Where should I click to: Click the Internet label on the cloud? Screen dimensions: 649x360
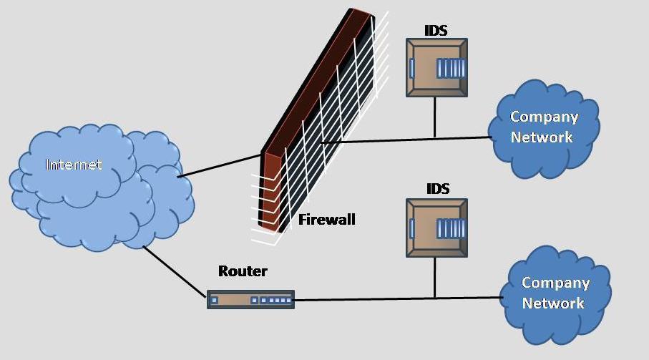(73, 165)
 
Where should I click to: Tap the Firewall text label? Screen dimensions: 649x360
(326, 219)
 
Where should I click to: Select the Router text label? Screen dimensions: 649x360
(243, 271)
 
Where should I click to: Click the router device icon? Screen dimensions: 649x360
(251, 300)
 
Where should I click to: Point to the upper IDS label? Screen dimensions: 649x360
(436, 30)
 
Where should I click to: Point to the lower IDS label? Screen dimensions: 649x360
(438, 189)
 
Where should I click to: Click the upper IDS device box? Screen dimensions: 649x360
(436, 68)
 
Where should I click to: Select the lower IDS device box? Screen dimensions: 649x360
(436, 228)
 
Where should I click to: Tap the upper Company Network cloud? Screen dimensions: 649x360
(543, 129)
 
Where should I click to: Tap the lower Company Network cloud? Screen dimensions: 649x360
(555, 295)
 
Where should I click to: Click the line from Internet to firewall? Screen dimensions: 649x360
(220, 165)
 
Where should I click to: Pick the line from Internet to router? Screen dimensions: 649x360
(175, 271)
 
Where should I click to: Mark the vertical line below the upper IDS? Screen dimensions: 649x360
(434, 117)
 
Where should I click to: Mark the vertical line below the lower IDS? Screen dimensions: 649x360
(434, 277)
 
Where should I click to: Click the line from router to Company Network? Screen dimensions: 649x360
(397, 298)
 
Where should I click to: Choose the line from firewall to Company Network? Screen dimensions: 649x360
(406, 140)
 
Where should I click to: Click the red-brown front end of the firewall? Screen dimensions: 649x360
(270, 190)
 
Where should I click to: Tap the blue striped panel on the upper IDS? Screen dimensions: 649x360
(451, 68)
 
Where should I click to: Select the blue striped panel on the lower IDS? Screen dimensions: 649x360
(451, 229)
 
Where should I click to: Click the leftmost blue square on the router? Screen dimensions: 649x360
(214, 300)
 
